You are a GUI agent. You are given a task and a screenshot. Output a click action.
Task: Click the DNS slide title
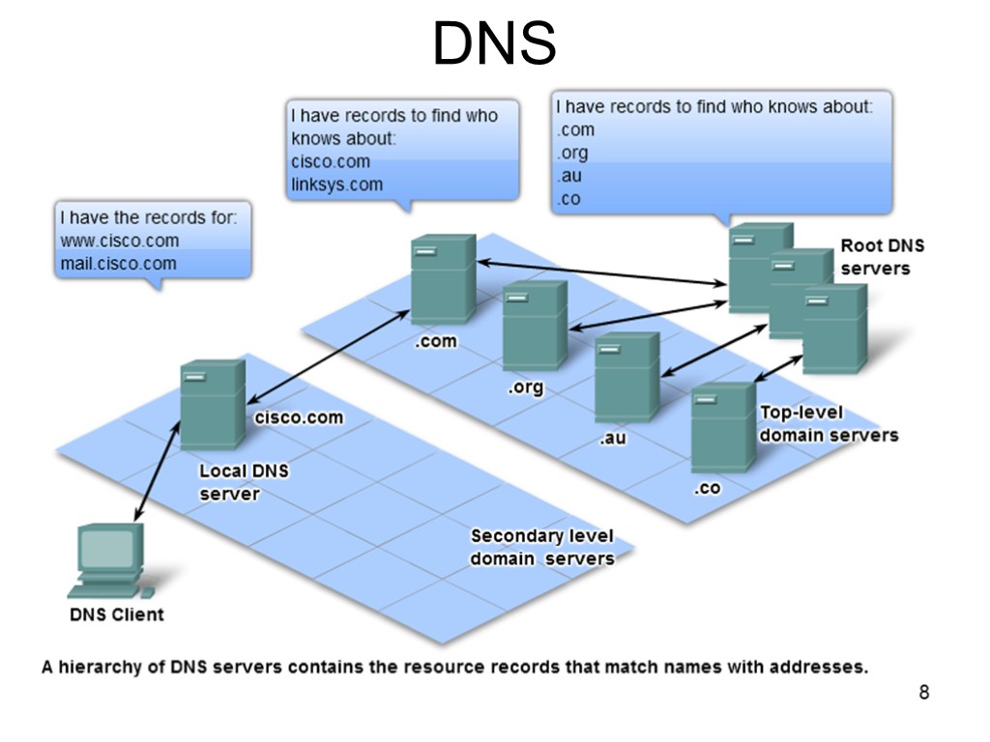coord(494,44)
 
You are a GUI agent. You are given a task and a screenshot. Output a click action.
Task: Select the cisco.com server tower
coord(212,404)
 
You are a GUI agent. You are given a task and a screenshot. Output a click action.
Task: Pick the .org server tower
coord(535,326)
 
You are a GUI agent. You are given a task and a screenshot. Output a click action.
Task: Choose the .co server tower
coord(722,427)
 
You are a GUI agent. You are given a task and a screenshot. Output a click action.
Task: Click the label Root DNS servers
coord(875,257)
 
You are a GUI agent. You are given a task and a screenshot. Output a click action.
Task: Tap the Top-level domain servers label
coord(828,424)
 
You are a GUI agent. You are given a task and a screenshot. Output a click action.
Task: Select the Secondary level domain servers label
coord(541,547)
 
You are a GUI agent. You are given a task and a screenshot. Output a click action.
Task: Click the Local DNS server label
coord(244,482)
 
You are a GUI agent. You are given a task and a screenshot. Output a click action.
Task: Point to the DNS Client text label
coord(116,614)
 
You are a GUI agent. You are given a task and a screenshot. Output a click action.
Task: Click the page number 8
coord(923,692)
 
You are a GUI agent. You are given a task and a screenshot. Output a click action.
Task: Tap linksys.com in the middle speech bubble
coord(336,185)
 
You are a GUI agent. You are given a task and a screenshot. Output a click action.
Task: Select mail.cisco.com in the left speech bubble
coord(118,264)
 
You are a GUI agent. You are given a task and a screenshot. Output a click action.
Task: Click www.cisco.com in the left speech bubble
coord(119,241)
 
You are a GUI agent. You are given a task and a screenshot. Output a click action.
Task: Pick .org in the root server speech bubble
coord(571,153)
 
